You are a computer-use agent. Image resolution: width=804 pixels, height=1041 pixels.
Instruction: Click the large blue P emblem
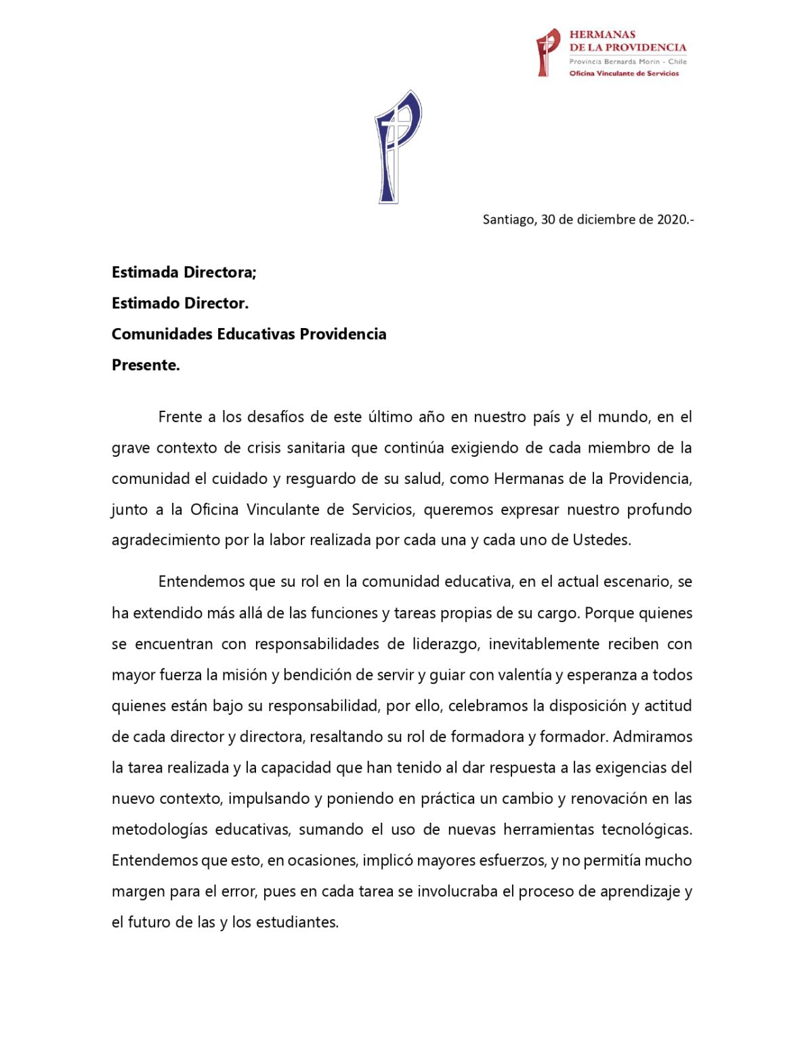pyautogui.click(x=398, y=146)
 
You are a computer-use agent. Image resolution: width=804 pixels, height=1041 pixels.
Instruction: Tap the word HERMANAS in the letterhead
pyautogui.click(x=602, y=35)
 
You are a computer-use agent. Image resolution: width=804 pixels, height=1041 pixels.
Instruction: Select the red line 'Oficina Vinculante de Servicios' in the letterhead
pyautogui.click(x=624, y=73)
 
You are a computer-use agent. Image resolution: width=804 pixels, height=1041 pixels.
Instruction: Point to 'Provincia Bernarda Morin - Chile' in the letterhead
pyautogui.click(x=627, y=61)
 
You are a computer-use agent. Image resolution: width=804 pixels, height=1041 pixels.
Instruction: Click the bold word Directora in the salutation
pyautogui.click(x=216, y=272)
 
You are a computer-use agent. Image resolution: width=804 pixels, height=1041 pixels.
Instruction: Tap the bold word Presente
pyautogui.click(x=146, y=365)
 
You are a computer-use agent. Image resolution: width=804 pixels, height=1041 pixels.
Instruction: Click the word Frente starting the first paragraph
pyautogui.click(x=180, y=417)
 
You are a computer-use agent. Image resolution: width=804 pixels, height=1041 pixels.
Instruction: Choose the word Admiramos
pyautogui.click(x=652, y=737)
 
